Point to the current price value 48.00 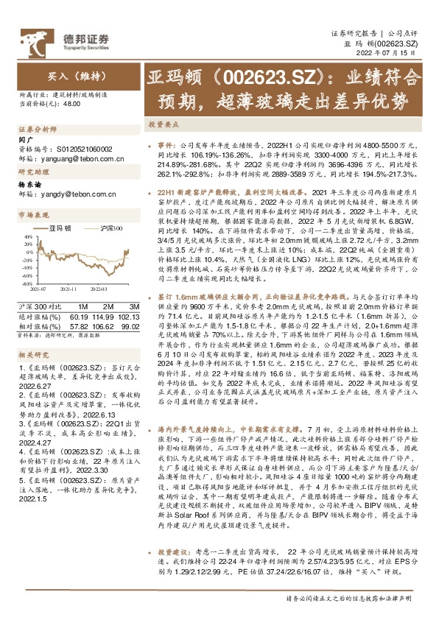click(x=72, y=103)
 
